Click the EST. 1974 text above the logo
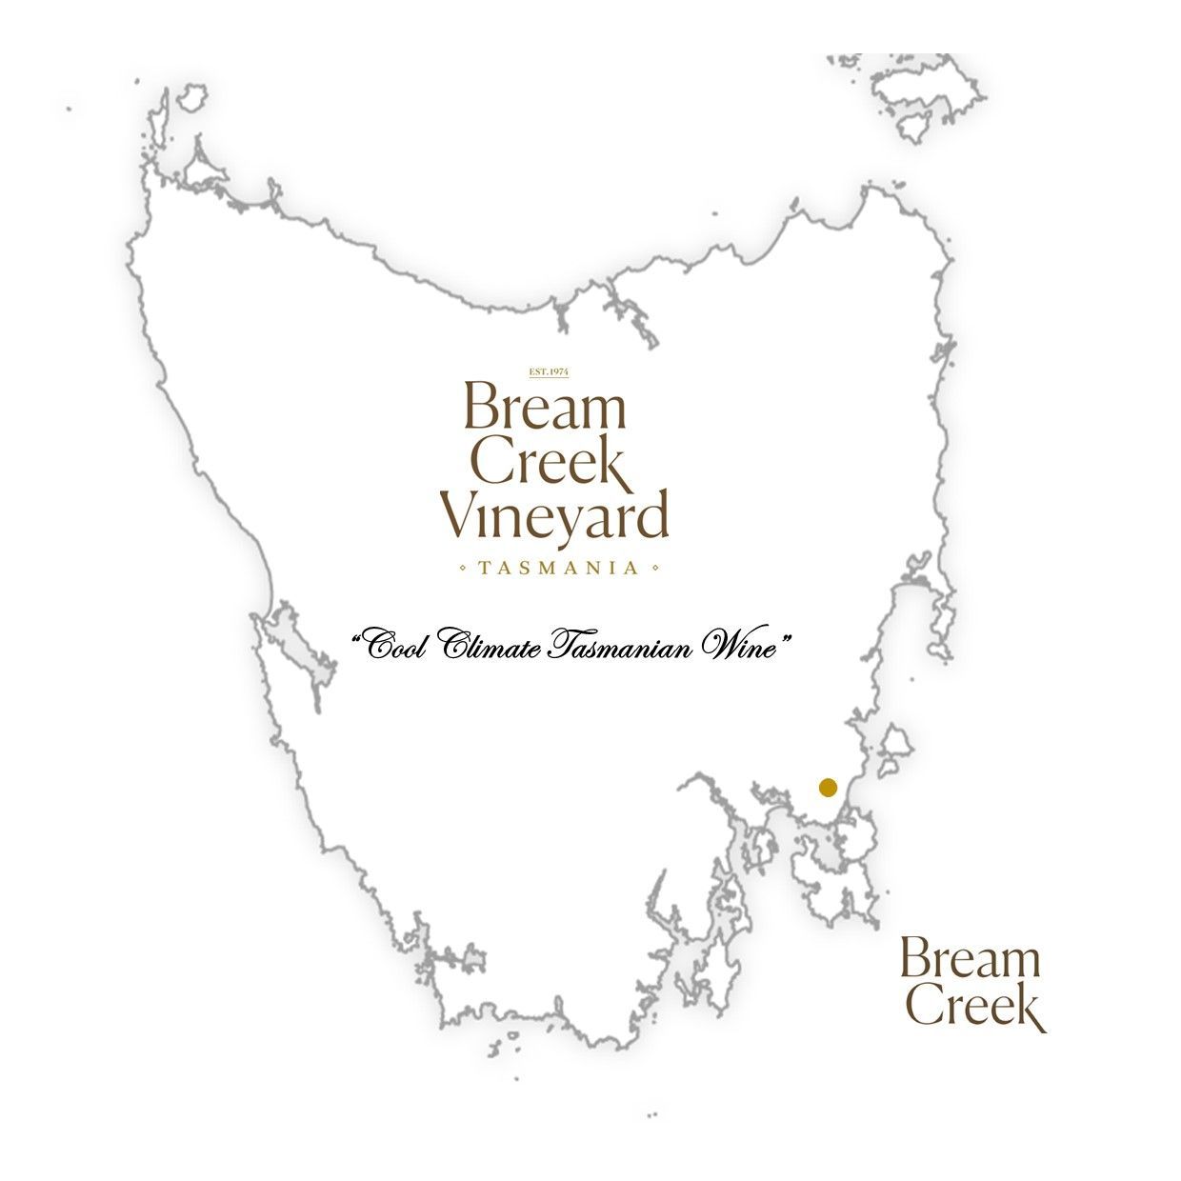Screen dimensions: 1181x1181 [x=548, y=371]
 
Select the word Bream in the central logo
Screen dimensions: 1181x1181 [x=545, y=408]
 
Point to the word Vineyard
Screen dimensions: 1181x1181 [x=553, y=517]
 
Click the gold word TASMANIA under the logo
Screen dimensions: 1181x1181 [x=559, y=569]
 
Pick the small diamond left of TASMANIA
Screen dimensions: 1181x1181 [x=463, y=569]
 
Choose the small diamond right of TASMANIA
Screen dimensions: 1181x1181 [x=655, y=569]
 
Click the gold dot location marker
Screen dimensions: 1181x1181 [x=828, y=788]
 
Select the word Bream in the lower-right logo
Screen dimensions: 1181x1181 [x=969, y=959]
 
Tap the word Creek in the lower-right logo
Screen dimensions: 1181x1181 [x=973, y=1008]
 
